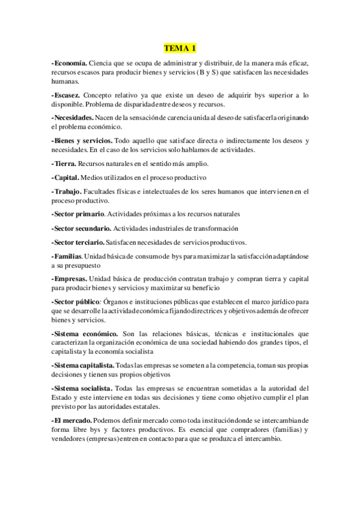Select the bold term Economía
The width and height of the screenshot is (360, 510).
point(71,63)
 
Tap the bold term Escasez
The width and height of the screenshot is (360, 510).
point(67,95)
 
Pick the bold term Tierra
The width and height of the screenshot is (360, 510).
point(64,164)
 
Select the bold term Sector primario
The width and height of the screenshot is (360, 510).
point(79,214)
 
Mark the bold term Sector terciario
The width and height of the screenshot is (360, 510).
point(79,242)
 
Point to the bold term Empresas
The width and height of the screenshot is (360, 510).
point(71,279)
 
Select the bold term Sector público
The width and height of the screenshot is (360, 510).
point(77,302)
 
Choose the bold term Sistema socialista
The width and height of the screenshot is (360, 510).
point(83,389)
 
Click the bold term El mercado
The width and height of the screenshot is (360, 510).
point(72,420)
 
